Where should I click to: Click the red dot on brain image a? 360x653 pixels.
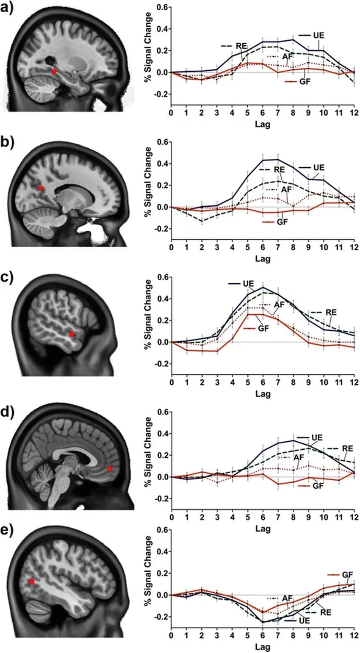(x=54, y=72)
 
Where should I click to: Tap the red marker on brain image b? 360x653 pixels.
(x=41, y=188)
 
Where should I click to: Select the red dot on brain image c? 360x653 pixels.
(x=72, y=334)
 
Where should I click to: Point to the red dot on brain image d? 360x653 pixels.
(x=110, y=469)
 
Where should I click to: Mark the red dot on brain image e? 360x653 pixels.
(x=31, y=582)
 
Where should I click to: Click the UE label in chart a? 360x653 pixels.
(x=318, y=35)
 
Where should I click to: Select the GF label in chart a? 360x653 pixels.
(x=305, y=81)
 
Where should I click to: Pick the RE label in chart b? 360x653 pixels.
(x=279, y=169)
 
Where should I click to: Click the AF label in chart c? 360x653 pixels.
(x=279, y=304)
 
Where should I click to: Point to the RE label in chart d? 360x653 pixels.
(x=347, y=448)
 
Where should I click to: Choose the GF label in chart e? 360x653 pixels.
(x=347, y=575)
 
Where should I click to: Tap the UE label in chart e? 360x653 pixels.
(x=304, y=620)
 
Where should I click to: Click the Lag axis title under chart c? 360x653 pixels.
(x=263, y=394)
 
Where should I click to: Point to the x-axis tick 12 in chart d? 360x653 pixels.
(x=354, y=517)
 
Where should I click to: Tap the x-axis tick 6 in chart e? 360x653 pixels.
(x=263, y=636)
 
